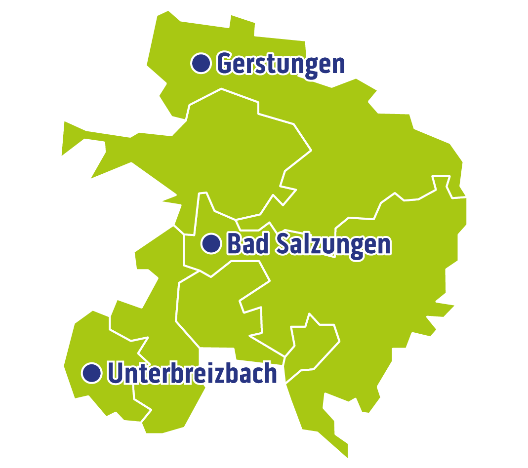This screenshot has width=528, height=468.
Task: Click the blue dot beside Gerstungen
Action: coord(201,63)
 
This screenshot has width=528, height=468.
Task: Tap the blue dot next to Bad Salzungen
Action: coord(211,243)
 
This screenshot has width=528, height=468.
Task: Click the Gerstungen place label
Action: coord(281,64)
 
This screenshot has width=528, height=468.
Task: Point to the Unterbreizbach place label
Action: coord(192,373)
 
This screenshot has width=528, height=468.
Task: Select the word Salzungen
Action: coord(333,244)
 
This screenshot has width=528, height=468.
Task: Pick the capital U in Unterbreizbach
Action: coord(115,373)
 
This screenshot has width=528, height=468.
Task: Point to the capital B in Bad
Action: coord(234,243)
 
